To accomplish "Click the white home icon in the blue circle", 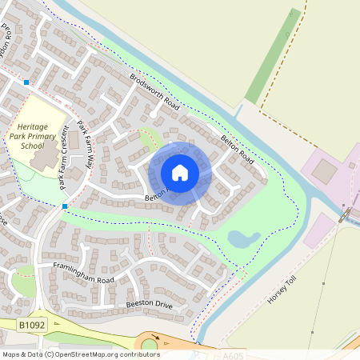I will click(x=180, y=172).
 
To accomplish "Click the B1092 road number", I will click(x=30, y=325).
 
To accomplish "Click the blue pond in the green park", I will click(x=243, y=238).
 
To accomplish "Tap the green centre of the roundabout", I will click(x=150, y=345).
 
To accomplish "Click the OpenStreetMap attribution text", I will click(x=80, y=354).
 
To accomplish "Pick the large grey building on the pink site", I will click(x=324, y=170).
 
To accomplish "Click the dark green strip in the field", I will click(x=272, y=56).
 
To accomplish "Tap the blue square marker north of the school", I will click(x=26, y=82).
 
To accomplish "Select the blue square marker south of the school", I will click(x=64, y=206).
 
